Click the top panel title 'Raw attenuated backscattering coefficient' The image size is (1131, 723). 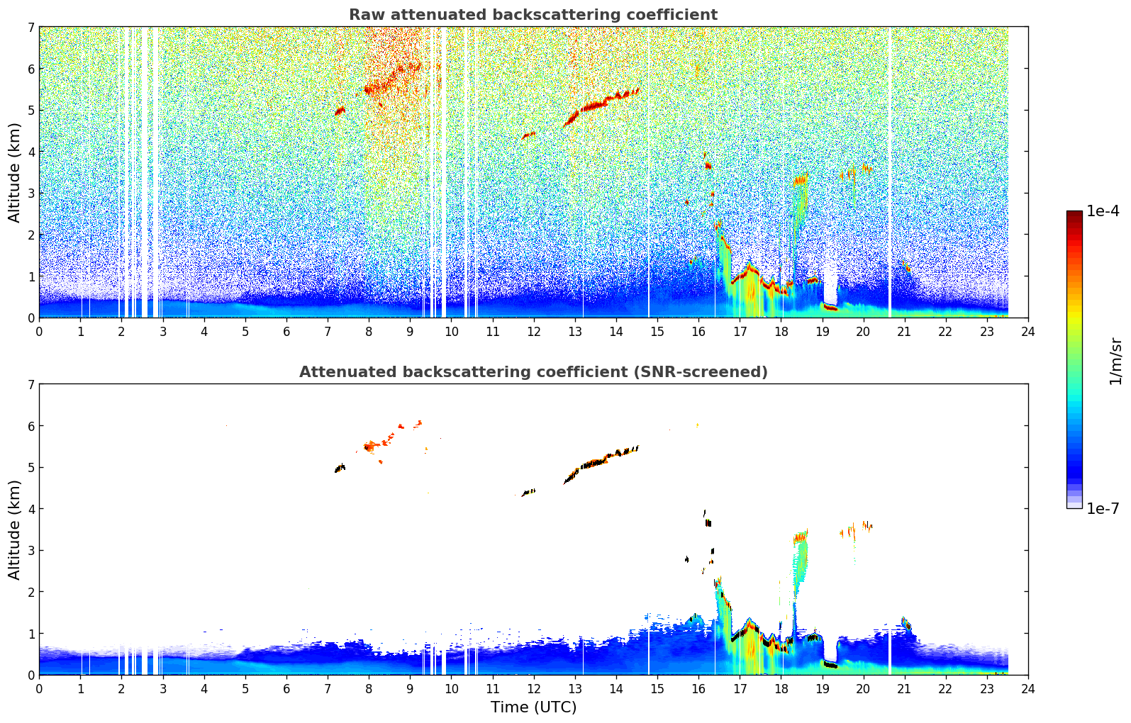pyautogui.click(x=533, y=15)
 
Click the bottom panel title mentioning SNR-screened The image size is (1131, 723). pyautogui.click(x=533, y=372)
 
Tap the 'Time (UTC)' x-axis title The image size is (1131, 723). pyautogui.click(x=533, y=707)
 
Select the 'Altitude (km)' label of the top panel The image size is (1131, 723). pyautogui.click(x=15, y=172)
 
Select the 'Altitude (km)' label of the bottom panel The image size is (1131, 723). pyautogui.click(x=15, y=529)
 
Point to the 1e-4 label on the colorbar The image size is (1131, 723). pyautogui.click(x=1103, y=211)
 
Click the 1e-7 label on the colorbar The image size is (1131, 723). pyautogui.click(x=1103, y=508)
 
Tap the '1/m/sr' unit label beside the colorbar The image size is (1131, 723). pyautogui.click(x=1115, y=361)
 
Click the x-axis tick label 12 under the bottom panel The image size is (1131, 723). pyautogui.click(x=533, y=689)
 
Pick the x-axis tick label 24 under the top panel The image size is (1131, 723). pyautogui.click(x=1027, y=332)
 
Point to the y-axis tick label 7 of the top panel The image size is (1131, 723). pyautogui.click(x=31, y=28)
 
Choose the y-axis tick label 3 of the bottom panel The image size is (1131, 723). pyautogui.click(x=31, y=551)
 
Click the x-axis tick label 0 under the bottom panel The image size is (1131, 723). pyautogui.click(x=39, y=689)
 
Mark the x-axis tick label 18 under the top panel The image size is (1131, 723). pyautogui.click(x=781, y=332)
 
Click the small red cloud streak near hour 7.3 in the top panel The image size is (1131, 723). pyautogui.click(x=340, y=111)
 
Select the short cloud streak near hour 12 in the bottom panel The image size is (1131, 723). pyautogui.click(x=528, y=492)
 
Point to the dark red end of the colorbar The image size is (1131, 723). pyautogui.click(x=1074, y=214)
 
